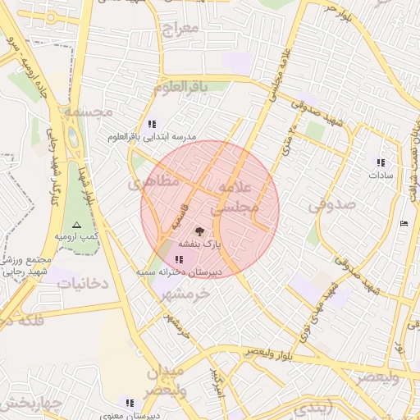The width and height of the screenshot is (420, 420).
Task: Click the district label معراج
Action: [x=181, y=29]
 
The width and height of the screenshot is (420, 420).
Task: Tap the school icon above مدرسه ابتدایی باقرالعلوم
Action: [x=152, y=124]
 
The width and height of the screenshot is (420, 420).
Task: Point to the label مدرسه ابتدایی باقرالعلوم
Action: [x=152, y=138]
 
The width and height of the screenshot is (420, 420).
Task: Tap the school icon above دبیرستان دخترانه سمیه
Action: [x=179, y=259]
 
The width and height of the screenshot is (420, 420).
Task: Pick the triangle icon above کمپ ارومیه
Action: [x=76, y=224]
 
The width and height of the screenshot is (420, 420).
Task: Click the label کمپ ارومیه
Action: [x=76, y=236]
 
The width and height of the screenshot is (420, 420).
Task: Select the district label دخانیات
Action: [x=80, y=283]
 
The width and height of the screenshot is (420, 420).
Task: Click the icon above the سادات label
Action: [x=380, y=162]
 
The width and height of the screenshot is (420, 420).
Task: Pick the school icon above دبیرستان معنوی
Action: [x=130, y=403]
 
